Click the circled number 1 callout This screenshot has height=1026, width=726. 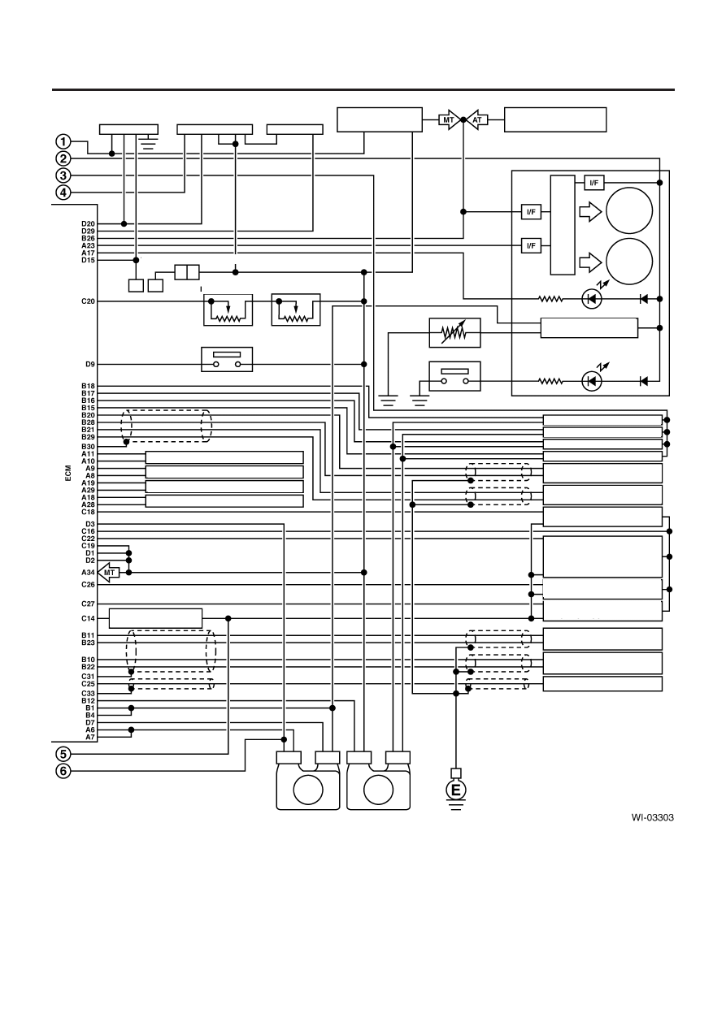point(63,141)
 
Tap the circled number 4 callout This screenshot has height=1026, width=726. point(63,193)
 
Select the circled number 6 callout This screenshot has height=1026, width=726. point(63,771)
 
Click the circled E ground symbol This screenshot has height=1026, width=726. point(455,790)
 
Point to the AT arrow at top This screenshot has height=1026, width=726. point(477,120)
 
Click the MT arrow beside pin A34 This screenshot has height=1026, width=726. point(109,573)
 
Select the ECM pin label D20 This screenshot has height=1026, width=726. point(88,224)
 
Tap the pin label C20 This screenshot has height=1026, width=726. point(88,301)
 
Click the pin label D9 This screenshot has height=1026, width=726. point(89,365)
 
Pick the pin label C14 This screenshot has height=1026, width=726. point(88,618)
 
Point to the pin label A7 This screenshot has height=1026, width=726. point(89,737)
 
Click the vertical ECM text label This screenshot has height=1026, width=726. point(68,473)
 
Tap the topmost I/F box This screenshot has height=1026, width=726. point(594,183)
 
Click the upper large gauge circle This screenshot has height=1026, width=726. point(628,210)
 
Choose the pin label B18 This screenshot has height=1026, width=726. point(88,386)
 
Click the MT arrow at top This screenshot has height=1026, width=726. point(449,120)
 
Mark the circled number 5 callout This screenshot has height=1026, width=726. point(63,754)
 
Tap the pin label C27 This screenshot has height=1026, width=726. point(88,604)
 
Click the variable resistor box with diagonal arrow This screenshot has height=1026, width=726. point(454,333)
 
